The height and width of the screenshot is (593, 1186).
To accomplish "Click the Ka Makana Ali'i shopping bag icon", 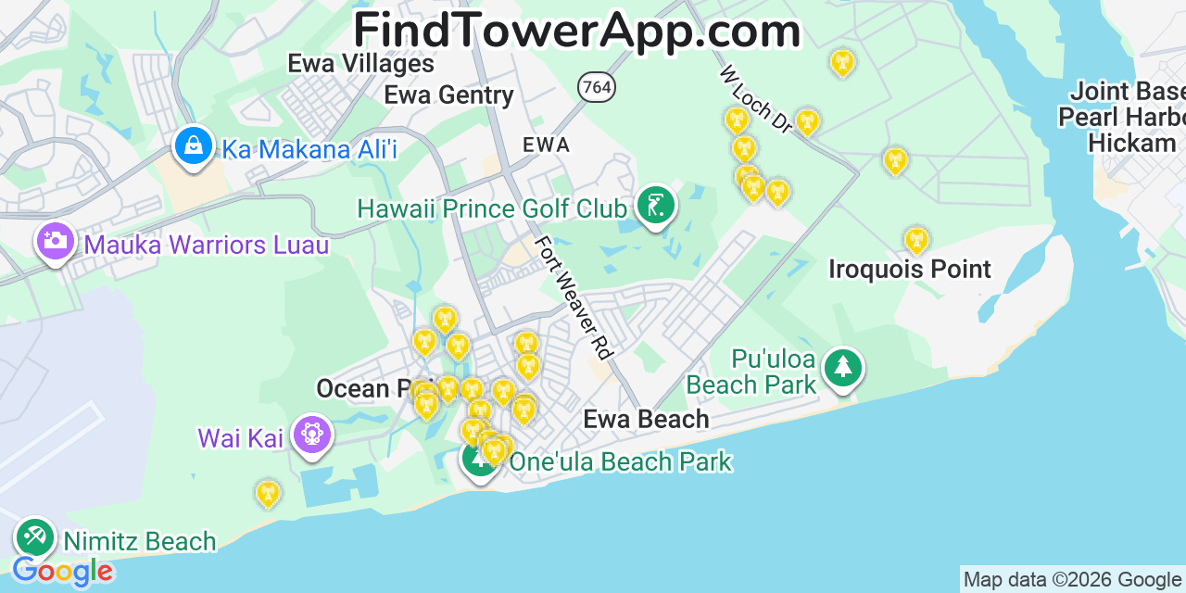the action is (x=194, y=146).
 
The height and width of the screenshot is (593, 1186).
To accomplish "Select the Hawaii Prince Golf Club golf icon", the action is (x=656, y=205).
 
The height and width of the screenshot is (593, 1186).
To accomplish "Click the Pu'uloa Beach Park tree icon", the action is (x=842, y=368).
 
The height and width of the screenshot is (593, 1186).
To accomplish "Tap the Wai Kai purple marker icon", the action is (x=311, y=434).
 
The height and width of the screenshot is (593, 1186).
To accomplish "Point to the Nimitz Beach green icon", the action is (x=35, y=536).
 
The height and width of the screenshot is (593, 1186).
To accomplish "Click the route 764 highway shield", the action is (x=597, y=87).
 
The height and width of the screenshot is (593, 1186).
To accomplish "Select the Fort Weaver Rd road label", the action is (x=574, y=297).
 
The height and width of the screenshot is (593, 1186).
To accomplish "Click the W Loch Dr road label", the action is (x=756, y=99).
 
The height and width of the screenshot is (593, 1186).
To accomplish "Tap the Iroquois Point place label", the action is (x=910, y=270).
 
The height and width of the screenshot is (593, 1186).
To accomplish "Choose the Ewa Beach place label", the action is (x=646, y=420).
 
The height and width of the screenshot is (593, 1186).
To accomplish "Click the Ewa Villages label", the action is (x=360, y=63).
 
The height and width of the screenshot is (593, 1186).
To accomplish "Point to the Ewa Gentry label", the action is (x=448, y=95).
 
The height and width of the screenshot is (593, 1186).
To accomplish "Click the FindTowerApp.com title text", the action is (x=576, y=31).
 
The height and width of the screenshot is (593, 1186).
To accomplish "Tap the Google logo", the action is (x=62, y=572).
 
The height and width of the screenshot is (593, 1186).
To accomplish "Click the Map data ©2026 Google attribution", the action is (x=1072, y=580).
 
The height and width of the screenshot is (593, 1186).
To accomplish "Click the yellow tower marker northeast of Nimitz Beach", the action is (x=268, y=493).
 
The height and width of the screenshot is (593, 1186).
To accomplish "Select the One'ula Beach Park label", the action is (x=621, y=461).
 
